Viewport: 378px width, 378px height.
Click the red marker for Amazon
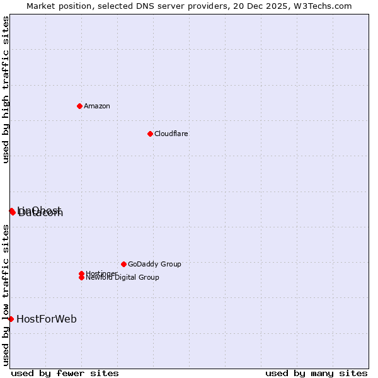pos(79,106)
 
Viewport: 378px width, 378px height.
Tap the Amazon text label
pos(97,106)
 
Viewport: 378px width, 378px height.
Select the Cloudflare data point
pos(150,134)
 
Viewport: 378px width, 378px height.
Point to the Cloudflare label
pos(171,134)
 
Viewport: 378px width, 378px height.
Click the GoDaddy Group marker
pos(123,264)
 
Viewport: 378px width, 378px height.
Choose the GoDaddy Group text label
pos(154,264)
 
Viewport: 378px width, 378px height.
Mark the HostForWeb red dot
pos(11,319)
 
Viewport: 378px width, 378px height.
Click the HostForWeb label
pos(47,319)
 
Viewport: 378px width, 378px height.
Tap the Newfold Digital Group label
pos(123,278)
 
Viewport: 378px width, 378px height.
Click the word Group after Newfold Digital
pos(149,278)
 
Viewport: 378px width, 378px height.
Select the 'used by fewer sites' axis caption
pos(65,373)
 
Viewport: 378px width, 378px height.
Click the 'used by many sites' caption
pos(316,373)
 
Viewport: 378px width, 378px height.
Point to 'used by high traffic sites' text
pos(6,89)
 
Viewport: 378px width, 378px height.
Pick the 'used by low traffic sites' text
pos(6,295)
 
